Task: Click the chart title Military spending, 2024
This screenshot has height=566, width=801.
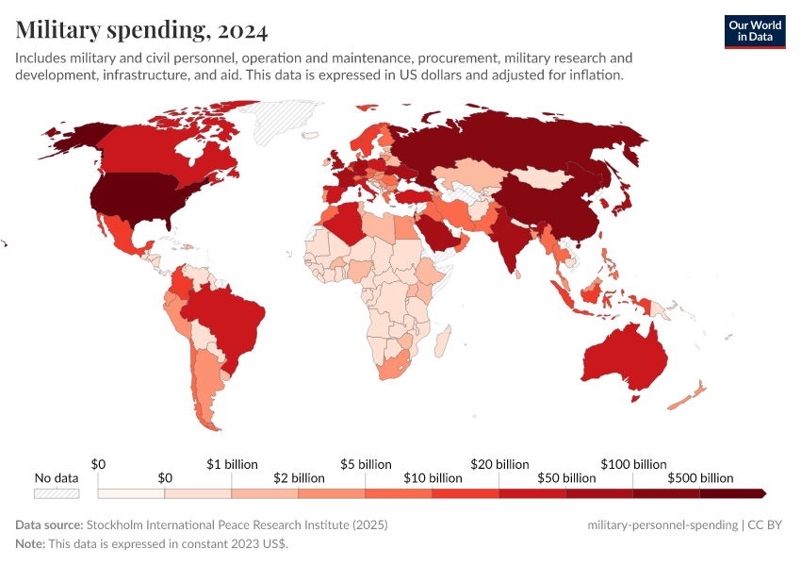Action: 141,30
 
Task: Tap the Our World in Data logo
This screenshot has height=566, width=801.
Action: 754,31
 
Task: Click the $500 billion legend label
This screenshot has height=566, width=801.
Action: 699,478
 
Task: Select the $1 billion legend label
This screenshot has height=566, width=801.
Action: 232,464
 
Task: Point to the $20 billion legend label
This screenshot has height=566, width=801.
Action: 499,464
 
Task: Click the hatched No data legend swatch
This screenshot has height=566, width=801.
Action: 57,493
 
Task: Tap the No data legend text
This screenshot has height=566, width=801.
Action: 57,478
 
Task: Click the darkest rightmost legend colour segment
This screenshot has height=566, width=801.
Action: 731,493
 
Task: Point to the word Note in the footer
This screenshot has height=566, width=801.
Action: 30,544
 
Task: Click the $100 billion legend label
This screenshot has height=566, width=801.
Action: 633,464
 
